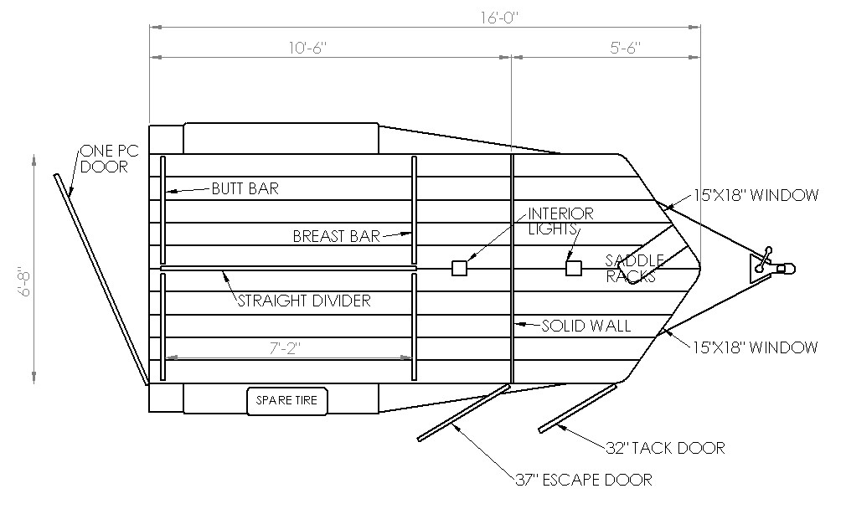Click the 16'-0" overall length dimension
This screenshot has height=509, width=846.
499,18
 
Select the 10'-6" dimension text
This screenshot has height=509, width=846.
308,48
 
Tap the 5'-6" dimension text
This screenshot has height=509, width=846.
626,48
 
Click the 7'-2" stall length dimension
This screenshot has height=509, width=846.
285,349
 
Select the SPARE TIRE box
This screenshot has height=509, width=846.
287,401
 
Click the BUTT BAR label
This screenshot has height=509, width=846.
245,188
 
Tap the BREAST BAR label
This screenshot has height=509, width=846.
337,236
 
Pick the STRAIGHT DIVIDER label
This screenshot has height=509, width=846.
304,301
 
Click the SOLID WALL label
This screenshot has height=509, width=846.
586,326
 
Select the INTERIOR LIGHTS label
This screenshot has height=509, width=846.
560,221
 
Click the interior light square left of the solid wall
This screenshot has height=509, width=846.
459,268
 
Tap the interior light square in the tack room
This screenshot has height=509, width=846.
574,268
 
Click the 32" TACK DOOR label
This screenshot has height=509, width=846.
665,448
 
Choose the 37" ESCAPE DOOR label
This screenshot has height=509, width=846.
584,480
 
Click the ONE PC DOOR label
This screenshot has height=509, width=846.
110,158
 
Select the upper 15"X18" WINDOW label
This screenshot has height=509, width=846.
756,195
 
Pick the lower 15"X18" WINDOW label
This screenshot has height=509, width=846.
756,347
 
